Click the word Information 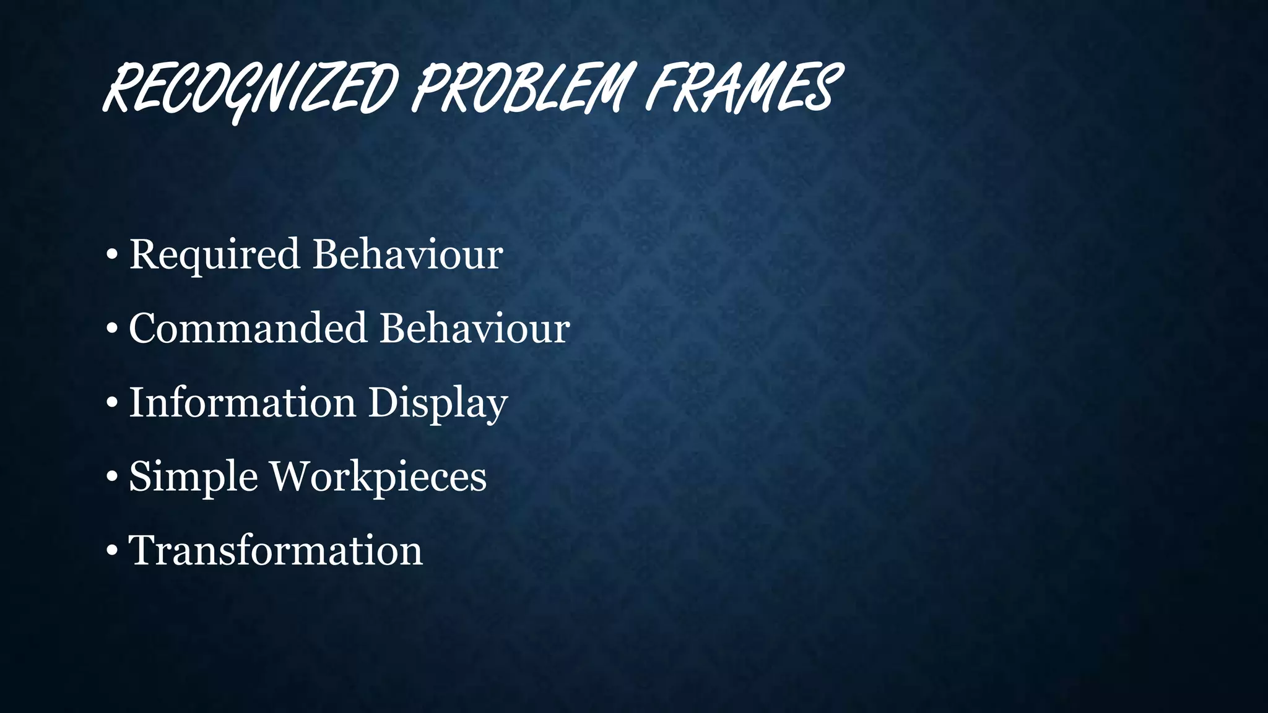tap(242, 402)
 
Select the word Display tap(438, 404)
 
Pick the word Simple tap(193, 477)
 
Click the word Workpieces tap(379, 477)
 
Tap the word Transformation tap(276, 550)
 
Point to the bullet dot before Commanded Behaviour tap(112, 329)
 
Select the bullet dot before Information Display tap(112, 404)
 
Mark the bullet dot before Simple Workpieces tap(112, 478)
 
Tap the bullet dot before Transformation tap(112, 551)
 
